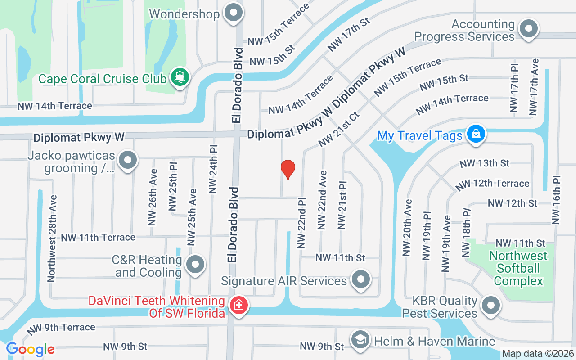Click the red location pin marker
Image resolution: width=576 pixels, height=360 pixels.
[288, 169]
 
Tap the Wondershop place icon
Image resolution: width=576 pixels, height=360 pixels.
[233, 13]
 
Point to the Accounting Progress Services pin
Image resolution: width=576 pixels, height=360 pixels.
[529, 30]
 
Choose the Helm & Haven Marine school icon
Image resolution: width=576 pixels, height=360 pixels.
[360, 341]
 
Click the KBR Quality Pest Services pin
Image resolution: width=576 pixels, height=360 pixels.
[490, 306]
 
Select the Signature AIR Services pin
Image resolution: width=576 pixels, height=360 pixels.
[360, 280]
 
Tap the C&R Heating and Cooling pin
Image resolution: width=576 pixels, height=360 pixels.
[195, 265]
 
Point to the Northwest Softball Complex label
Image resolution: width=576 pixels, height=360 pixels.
[518, 268]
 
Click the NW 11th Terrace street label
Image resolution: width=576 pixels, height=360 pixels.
[98, 237]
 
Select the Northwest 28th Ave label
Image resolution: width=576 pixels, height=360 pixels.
[53, 238]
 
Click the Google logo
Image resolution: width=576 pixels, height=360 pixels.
[30, 349]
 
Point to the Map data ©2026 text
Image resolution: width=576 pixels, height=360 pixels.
[538, 354]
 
